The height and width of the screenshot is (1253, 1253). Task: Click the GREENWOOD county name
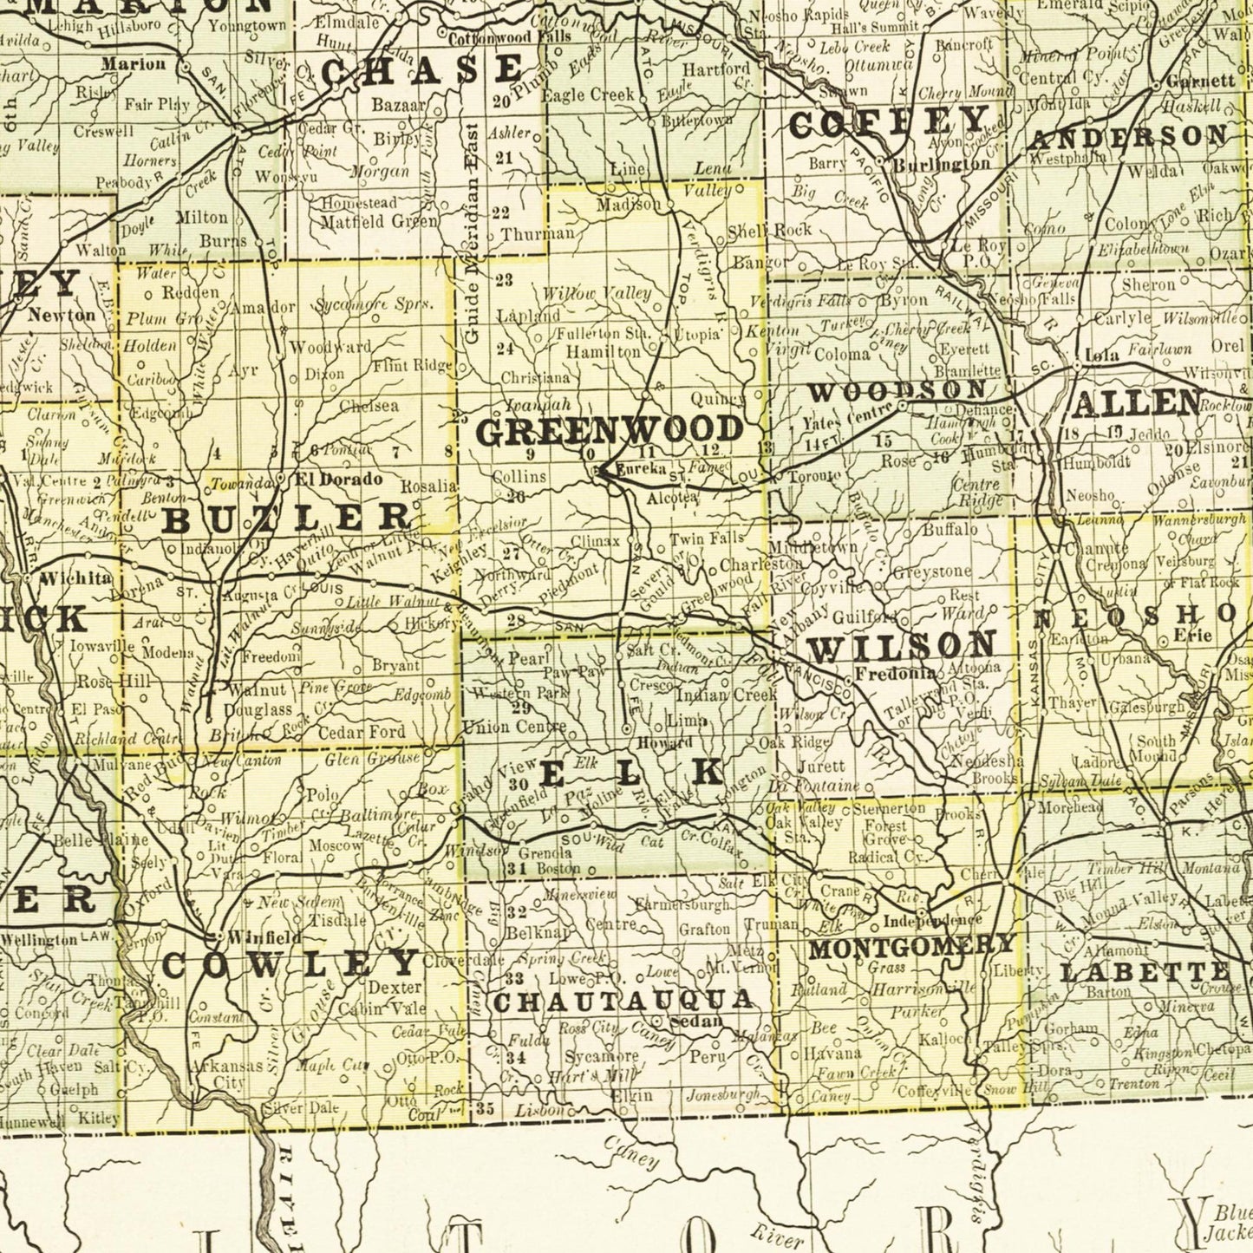click(610, 431)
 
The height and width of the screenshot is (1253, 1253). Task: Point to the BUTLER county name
click(288, 518)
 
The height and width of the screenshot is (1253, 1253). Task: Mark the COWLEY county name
click(290, 964)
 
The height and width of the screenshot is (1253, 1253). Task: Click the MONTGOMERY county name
click(911, 946)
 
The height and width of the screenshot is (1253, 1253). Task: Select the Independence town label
click(933, 919)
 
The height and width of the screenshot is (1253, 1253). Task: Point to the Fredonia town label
click(895, 673)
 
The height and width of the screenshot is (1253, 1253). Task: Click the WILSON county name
click(902, 646)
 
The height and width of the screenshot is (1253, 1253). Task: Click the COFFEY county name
click(889, 122)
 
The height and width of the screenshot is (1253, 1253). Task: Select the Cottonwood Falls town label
click(508, 36)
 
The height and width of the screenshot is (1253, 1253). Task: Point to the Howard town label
click(664, 743)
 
